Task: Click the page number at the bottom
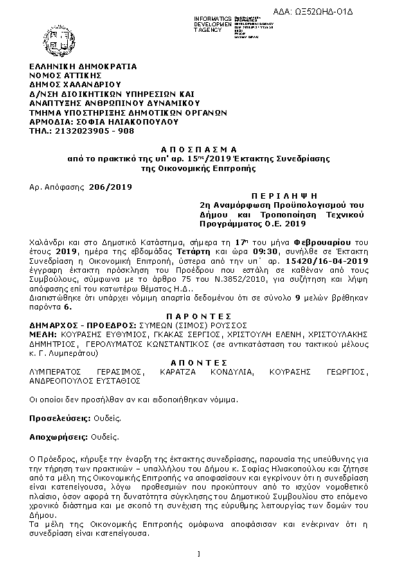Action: (199, 554)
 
